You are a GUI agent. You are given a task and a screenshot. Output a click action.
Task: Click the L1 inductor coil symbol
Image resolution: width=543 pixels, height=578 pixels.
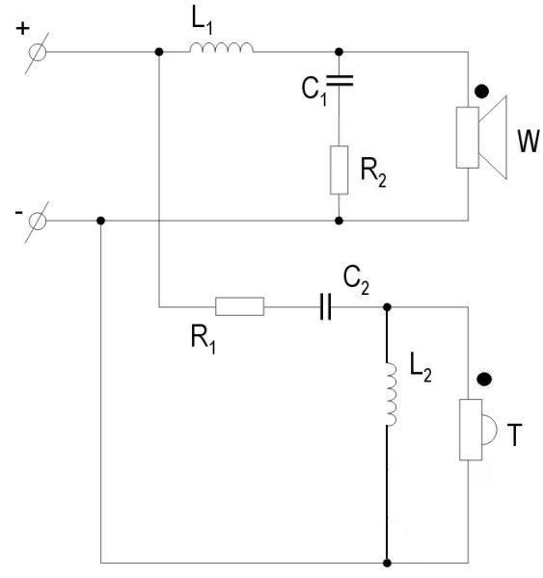coord(222,47)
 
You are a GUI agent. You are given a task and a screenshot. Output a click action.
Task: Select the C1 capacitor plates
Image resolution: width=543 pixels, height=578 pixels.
coord(339,80)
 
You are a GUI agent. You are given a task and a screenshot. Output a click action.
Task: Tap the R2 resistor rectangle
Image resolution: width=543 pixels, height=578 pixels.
coord(339,170)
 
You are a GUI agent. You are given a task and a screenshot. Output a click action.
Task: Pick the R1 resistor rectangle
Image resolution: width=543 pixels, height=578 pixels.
coord(239,306)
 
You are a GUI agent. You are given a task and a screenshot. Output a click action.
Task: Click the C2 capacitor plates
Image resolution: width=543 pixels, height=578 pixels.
coord(325,306)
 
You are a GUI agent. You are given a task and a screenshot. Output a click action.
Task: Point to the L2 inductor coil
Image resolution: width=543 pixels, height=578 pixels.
coord(391,394)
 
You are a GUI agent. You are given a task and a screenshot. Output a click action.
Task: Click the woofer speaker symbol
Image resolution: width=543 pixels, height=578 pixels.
coord(481,138)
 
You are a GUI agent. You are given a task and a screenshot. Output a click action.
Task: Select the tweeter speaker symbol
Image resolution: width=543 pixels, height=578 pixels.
coord(477,430)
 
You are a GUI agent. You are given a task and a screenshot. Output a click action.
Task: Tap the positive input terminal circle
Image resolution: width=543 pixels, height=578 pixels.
coord(38,52)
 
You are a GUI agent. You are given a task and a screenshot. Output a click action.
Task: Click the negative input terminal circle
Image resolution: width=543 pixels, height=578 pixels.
coord(38,222)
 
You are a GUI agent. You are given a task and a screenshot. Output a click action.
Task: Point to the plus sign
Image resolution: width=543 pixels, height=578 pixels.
coord(22,28)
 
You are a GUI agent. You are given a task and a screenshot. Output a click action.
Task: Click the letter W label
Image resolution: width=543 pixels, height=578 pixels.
coord(529,141)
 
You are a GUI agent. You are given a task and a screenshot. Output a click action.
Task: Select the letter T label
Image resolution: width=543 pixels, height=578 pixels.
coord(514,435)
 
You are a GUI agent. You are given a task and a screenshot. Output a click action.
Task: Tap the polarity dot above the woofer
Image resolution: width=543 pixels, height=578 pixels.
coord(481,92)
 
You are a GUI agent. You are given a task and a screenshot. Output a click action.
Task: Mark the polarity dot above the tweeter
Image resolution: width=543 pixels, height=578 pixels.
coord(484,379)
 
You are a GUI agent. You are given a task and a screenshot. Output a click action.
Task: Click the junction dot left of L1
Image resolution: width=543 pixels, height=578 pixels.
coord(159,52)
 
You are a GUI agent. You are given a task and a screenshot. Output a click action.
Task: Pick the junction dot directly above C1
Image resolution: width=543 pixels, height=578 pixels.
coord(339,52)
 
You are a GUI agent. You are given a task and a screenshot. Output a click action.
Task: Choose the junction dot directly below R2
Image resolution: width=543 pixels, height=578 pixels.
coord(339,221)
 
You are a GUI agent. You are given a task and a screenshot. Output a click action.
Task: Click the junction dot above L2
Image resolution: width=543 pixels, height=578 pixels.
coord(387,306)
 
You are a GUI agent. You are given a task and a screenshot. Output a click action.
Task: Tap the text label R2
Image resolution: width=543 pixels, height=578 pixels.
coord(373,172)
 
